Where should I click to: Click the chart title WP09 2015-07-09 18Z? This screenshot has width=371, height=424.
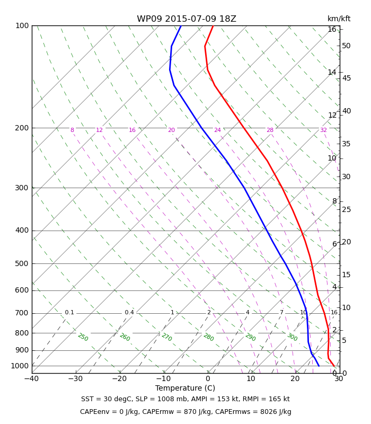(x=187, y=19)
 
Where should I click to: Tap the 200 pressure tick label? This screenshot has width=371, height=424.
(x=22, y=128)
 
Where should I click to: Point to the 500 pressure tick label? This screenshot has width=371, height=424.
(x=22, y=263)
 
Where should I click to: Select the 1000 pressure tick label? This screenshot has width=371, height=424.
(x=20, y=366)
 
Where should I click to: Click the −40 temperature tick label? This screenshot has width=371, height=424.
(x=32, y=378)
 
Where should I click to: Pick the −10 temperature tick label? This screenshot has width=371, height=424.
(x=163, y=378)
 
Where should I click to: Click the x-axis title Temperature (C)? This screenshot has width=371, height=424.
(x=185, y=388)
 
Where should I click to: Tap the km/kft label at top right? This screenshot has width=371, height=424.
(x=339, y=19)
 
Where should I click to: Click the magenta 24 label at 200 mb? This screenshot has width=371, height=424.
(x=217, y=130)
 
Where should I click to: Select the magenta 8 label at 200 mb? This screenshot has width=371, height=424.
(x=72, y=130)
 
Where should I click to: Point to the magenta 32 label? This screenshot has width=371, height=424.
(x=323, y=130)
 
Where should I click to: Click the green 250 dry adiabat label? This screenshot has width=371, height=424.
(x=83, y=337)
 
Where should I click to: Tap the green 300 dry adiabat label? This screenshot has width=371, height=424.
(x=293, y=337)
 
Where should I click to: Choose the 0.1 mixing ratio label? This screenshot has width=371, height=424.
(x=69, y=312)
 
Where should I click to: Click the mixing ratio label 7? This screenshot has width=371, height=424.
(x=281, y=312)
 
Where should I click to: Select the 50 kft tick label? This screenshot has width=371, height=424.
(x=346, y=46)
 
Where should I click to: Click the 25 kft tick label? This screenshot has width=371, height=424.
(x=346, y=209)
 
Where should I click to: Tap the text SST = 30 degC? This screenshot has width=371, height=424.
(x=106, y=399)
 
